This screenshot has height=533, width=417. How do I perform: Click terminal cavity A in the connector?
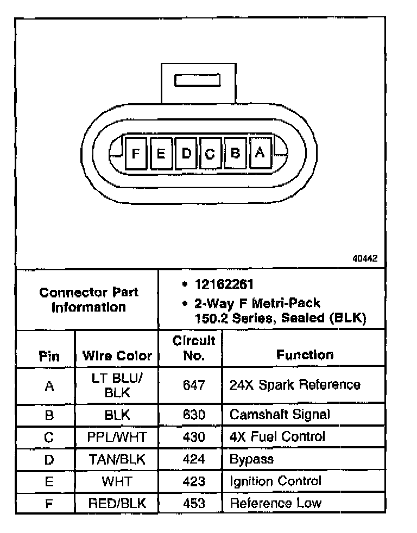260,153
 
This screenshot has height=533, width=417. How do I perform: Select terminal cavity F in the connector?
136,154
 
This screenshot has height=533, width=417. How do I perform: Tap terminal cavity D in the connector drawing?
186,153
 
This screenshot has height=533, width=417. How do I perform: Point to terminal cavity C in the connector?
210,154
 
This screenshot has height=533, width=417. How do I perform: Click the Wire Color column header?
117,356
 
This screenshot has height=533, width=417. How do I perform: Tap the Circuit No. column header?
193,348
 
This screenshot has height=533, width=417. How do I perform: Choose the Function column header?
305,355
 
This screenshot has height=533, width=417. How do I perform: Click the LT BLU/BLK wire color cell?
117,385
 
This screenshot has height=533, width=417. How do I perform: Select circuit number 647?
194,385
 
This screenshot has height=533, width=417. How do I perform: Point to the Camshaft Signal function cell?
280,415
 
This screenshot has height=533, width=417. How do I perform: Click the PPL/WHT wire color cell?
117,436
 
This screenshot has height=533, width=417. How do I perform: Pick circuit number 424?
194,459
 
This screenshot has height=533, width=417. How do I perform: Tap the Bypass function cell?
251,459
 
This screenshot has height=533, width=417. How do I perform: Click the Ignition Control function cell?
276,481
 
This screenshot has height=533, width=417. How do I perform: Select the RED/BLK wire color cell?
117,503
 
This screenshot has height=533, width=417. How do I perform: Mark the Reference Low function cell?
276,503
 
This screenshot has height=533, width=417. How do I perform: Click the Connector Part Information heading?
89,300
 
